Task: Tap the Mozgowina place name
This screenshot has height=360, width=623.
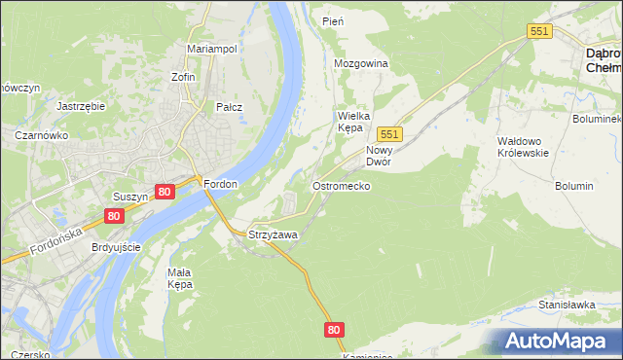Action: click(x=361, y=63)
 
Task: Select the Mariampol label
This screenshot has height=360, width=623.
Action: click(x=212, y=49)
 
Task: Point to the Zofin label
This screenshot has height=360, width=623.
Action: click(x=183, y=77)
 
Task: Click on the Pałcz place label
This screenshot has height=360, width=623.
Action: click(x=230, y=108)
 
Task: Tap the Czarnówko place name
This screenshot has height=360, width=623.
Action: click(x=40, y=136)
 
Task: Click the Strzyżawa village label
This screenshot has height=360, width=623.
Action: click(x=273, y=235)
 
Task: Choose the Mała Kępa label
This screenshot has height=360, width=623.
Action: click(x=179, y=278)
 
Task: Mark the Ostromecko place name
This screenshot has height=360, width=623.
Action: click(x=340, y=185)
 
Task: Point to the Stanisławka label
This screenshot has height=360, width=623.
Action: click(x=567, y=305)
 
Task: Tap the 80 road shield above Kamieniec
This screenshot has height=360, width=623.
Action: click(x=335, y=330)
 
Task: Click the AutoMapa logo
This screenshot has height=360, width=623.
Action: click(x=559, y=341)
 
